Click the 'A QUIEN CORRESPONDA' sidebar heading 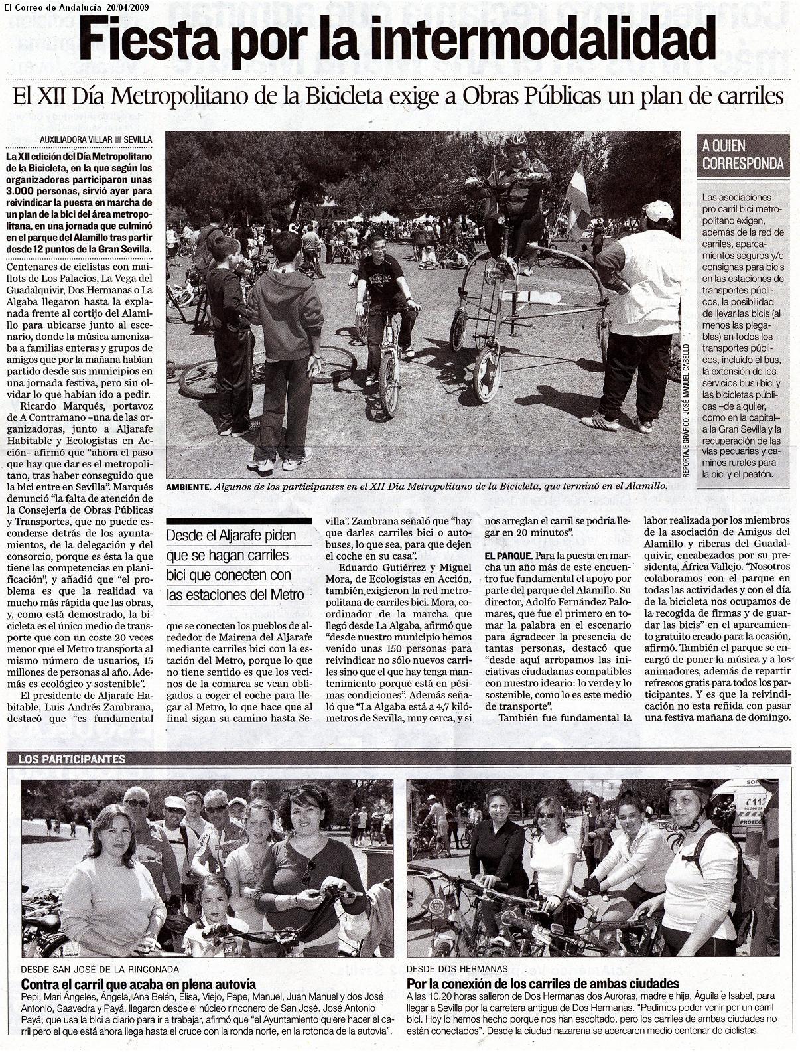tap(743, 155)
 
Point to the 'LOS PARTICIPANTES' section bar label tap(72, 759)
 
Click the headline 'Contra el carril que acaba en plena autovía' tap(139, 984)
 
